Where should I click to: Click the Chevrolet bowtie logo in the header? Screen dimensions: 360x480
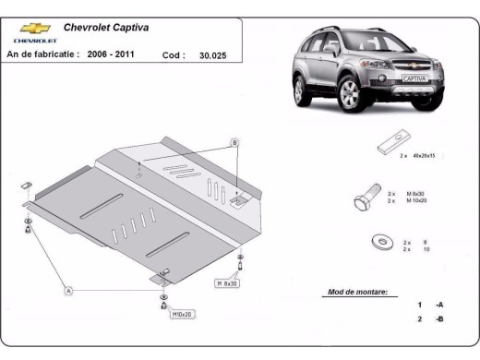30,29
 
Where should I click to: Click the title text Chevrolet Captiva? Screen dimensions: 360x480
102,28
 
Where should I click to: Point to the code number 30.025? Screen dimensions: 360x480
211,55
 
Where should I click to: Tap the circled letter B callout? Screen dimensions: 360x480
234,142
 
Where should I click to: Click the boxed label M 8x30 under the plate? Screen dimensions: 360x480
228,282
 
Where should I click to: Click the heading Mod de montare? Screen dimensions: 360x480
357,292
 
